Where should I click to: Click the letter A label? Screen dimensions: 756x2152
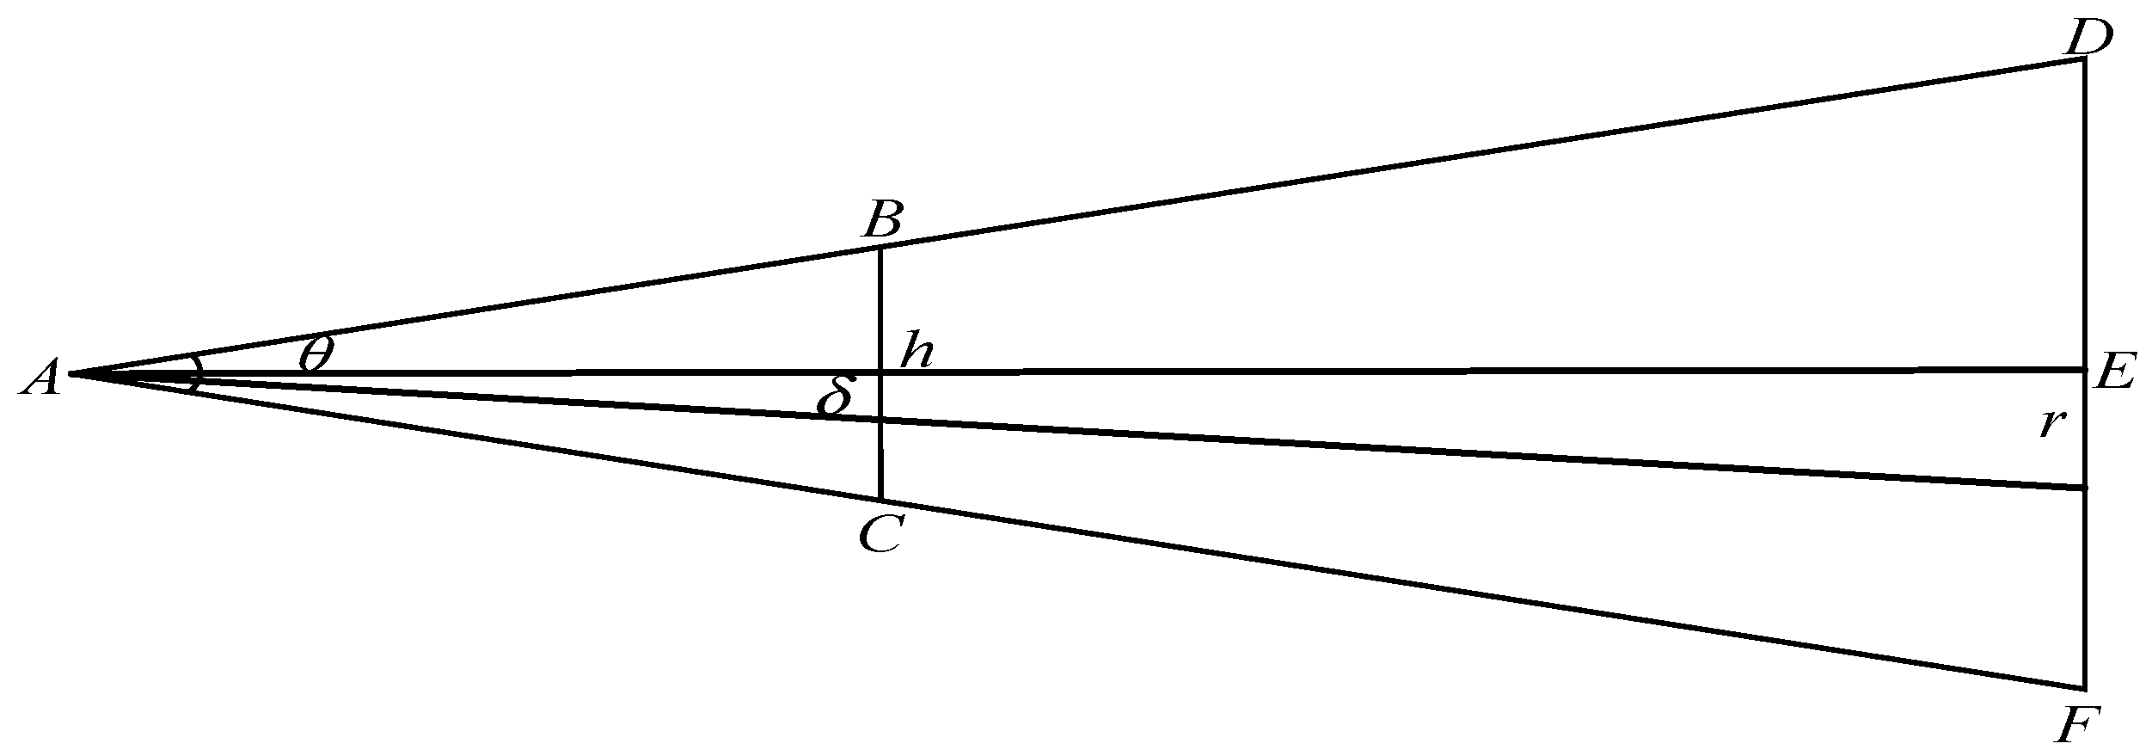(x=40, y=378)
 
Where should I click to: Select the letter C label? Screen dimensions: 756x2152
(x=880, y=536)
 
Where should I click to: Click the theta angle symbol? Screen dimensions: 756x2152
(x=316, y=353)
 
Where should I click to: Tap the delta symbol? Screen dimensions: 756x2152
(x=836, y=396)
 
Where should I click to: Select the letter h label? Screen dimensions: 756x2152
(x=917, y=353)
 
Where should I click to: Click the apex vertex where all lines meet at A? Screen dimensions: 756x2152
(x=71, y=374)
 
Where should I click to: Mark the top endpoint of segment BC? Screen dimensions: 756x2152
(x=880, y=249)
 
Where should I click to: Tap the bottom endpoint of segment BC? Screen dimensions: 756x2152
(x=880, y=499)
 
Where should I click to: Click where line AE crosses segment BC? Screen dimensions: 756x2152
(x=880, y=372)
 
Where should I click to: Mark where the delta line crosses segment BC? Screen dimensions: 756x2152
(x=880, y=421)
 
